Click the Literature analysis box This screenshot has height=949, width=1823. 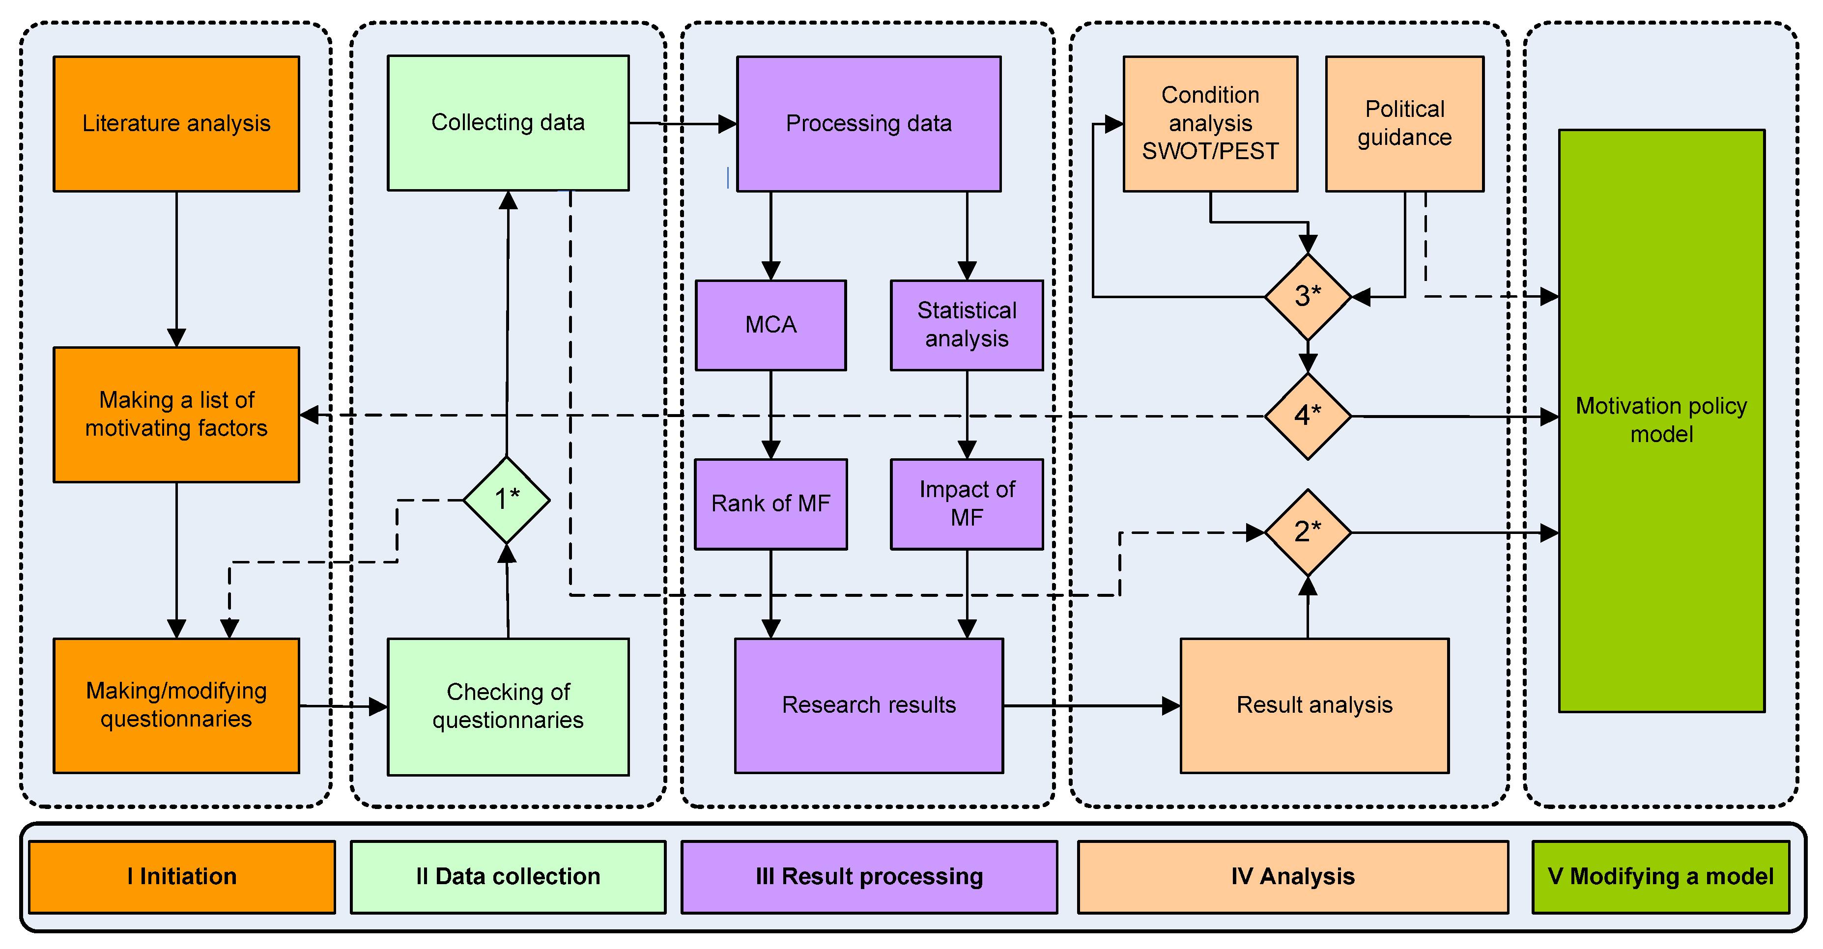point(176,124)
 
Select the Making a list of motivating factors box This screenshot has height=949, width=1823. point(176,415)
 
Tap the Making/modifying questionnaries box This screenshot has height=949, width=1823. point(176,705)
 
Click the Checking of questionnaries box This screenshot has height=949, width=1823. point(508,706)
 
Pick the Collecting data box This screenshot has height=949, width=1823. point(508,123)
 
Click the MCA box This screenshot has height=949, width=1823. point(770,325)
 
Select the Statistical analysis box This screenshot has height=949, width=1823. point(967,325)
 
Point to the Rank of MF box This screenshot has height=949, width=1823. point(770,504)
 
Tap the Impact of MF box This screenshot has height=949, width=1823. point(967,504)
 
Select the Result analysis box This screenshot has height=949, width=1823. point(1314,705)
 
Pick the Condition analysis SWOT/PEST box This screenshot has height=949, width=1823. point(1210,124)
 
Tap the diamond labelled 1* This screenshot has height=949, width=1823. point(507,500)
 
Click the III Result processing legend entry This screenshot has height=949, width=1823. point(869,877)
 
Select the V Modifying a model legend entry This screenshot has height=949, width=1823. point(1660,877)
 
